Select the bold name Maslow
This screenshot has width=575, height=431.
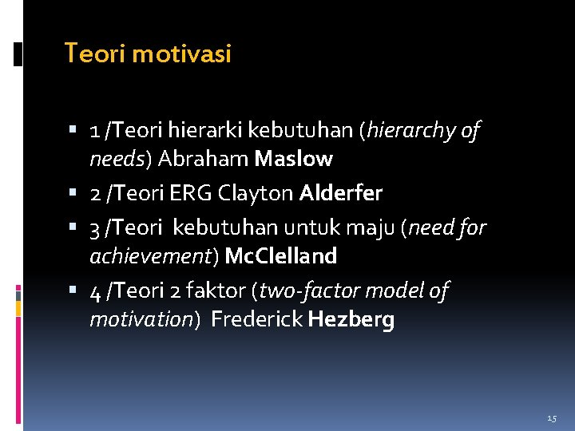point(293,159)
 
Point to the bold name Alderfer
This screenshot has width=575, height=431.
point(341,193)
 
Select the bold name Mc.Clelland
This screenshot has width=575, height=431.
point(281,256)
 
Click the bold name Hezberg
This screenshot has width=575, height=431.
point(351,320)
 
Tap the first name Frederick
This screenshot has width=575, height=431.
point(256,320)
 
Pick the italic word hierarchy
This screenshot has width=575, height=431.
point(410,130)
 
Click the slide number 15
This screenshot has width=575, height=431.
point(552,418)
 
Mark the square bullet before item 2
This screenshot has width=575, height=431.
point(73,194)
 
